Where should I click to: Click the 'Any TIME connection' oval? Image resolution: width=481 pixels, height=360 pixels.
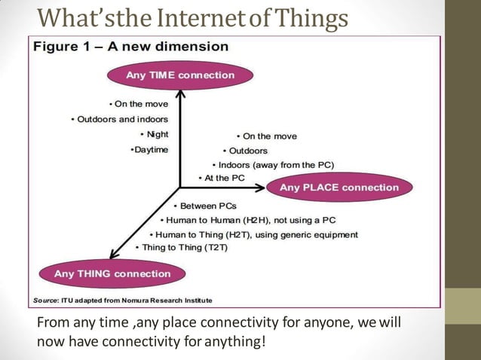point(180,75)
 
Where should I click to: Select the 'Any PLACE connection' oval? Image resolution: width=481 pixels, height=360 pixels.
point(339,188)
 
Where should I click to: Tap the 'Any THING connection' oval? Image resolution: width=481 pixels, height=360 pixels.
point(112,273)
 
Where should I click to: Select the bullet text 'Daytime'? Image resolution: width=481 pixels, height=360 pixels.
point(151,149)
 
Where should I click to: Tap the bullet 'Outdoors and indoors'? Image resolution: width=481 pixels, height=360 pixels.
point(121,119)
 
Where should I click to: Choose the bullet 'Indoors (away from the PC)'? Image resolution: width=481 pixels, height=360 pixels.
point(274,165)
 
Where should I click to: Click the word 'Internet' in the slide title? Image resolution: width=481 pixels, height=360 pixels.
point(207,17)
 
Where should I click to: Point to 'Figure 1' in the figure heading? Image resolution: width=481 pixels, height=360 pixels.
point(61,47)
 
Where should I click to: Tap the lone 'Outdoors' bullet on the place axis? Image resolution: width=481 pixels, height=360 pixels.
point(248,151)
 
